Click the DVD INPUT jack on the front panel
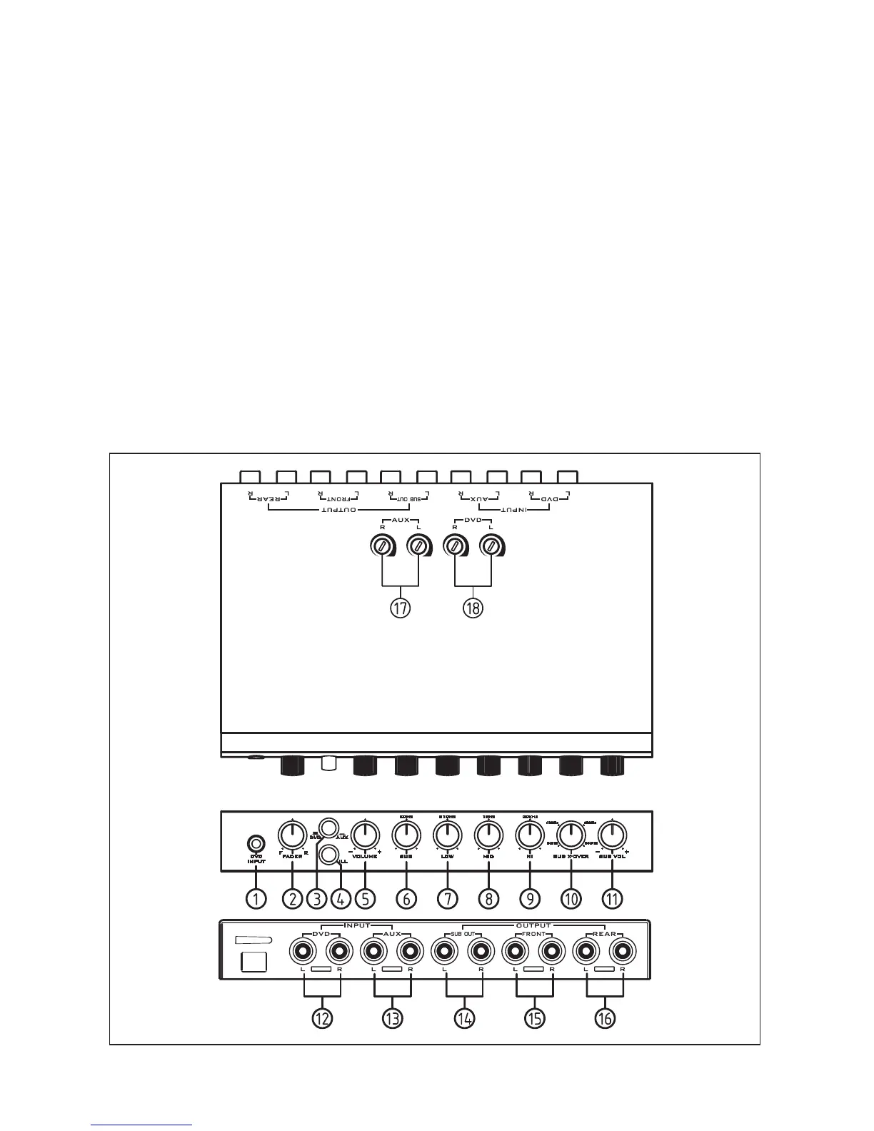click(256, 843)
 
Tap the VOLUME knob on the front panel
click(365, 833)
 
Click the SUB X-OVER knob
click(571, 833)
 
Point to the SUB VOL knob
click(612, 833)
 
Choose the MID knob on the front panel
click(488, 833)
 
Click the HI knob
click(529, 833)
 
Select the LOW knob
click(447, 833)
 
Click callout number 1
click(256, 898)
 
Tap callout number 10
click(571, 898)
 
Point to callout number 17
click(401, 608)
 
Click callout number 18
click(473, 608)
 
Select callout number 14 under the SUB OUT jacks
click(464, 1018)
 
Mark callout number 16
click(605, 1018)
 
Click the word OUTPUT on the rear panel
click(535, 925)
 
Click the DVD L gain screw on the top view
click(491, 548)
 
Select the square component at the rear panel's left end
click(253, 961)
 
